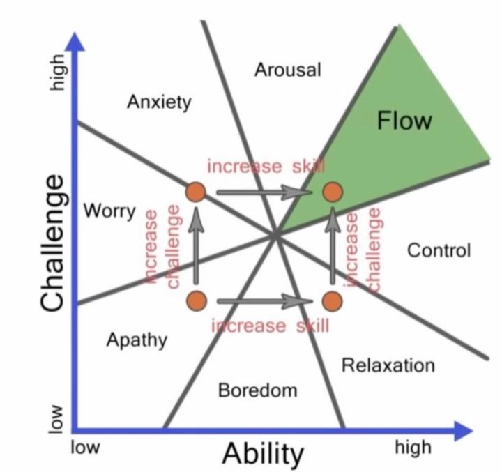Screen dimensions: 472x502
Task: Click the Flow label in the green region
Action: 404,121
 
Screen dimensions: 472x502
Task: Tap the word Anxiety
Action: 159,102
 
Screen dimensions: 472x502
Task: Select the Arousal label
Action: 287,70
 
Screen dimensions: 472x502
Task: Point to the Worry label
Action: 109,210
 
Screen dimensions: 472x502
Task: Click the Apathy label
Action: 137,340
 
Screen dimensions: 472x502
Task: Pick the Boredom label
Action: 257,390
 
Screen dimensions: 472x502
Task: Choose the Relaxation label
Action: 388,365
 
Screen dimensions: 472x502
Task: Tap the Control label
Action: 439,250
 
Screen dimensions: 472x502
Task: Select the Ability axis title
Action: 264,454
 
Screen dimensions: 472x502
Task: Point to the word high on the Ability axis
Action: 413,447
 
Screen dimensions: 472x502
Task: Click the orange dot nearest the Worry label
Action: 196,192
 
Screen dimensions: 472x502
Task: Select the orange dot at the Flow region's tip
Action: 333,192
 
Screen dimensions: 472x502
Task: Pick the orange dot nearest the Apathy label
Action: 196,300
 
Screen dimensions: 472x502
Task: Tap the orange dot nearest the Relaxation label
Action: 333,300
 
